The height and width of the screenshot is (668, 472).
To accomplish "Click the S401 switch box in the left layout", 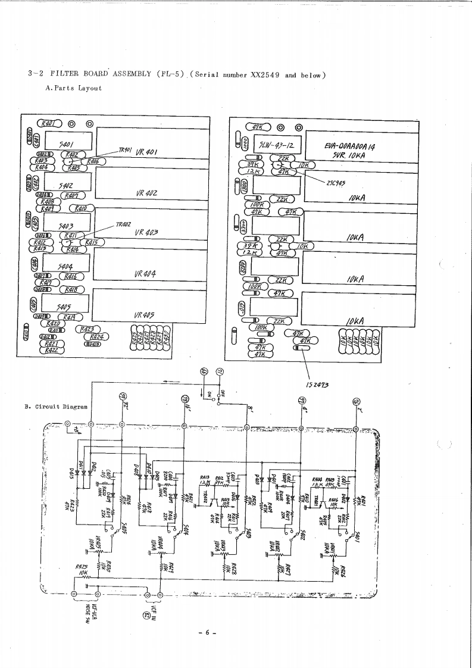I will [x=66, y=143].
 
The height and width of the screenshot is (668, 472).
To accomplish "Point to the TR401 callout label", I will [x=125, y=150].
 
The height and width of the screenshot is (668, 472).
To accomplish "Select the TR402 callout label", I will [x=123, y=225].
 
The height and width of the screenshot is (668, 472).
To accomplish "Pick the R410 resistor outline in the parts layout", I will [x=81, y=208].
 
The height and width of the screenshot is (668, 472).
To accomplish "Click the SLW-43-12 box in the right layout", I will [x=277, y=145].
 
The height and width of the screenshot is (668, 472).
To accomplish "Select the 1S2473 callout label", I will [x=318, y=384].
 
